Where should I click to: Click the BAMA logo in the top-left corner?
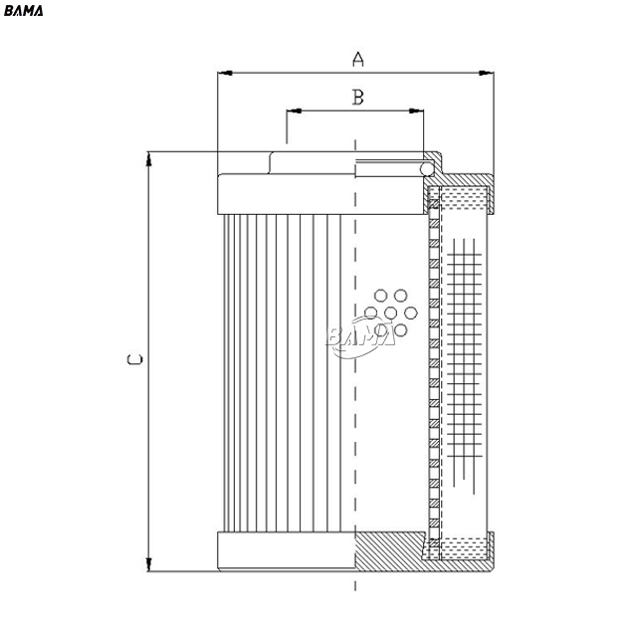click(x=23, y=11)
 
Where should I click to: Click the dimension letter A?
click(x=357, y=60)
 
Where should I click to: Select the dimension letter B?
click(x=357, y=98)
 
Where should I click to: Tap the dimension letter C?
click(x=135, y=359)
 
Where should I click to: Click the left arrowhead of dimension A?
click(x=225, y=73)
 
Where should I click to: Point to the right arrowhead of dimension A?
click(x=487, y=73)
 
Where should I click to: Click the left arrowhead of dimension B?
click(x=295, y=110)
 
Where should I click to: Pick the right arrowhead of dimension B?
click(x=416, y=110)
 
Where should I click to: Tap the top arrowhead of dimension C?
click(x=148, y=159)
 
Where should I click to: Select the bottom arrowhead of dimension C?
click(x=148, y=564)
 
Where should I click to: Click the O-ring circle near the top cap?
click(x=427, y=169)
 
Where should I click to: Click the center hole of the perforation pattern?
click(x=391, y=313)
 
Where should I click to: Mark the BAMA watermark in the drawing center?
click(x=360, y=336)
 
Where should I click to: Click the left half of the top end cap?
click(x=287, y=194)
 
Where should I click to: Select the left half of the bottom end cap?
click(x=287, y=550)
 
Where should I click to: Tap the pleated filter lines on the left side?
click(x=283, y=373)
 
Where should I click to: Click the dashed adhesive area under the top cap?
click(x=464, y=198)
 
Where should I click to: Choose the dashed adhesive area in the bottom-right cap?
click(x=464, y=548)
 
